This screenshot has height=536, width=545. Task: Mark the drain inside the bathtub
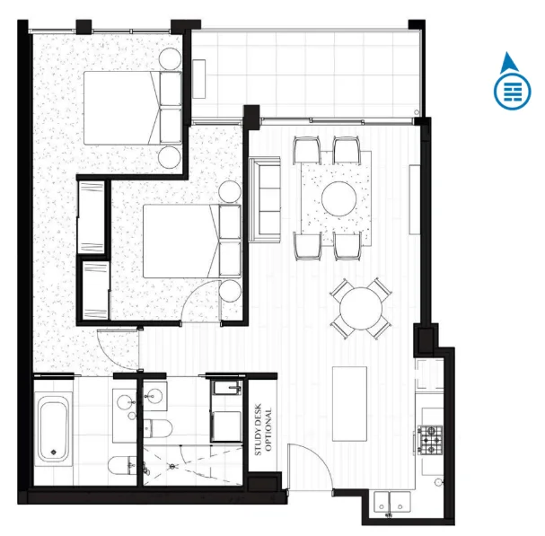pyautogui.click(x=55, y=453)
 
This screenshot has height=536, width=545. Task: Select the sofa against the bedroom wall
pyautogui.click(x=264, y=199)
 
